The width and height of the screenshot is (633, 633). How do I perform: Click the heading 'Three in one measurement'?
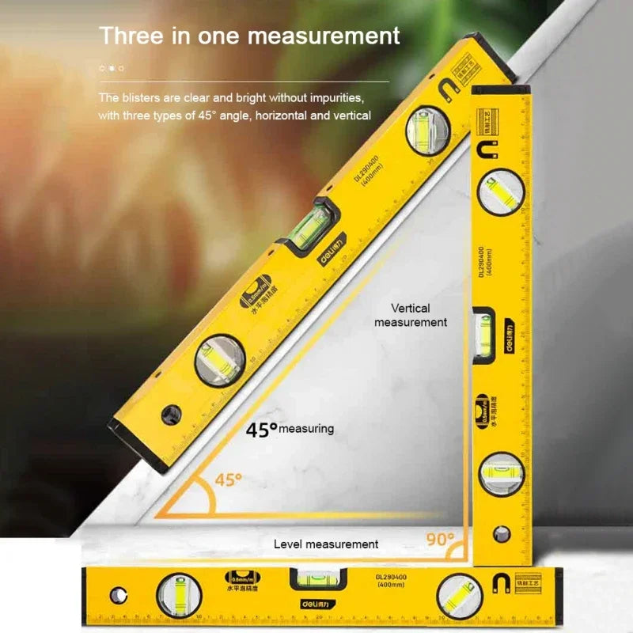pyautogui.click(x=249, y=36)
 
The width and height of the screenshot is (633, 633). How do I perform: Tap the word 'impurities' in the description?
pyautogui.click(x=337, y=98)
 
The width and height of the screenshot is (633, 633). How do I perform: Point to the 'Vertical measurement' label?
pyautogui.click(x=410, y=315)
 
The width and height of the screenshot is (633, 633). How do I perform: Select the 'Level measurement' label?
pyautogui.click(x=326, y=544)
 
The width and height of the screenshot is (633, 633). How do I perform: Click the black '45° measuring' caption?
pyautogui.click(x=290, y=429)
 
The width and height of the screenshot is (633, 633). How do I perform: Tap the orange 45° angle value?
pyautogui.click(x=228, y=479)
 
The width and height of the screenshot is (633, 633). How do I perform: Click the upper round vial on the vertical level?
pyautogui.click(x=500, y=191)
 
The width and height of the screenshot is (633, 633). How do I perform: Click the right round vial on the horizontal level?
pyautogui.click(x=461, y=594)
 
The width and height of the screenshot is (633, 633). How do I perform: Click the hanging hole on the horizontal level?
pyautogui.click(x=119, y=593)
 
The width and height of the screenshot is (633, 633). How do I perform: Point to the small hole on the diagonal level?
pyautogui.click(x=169, y=412)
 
